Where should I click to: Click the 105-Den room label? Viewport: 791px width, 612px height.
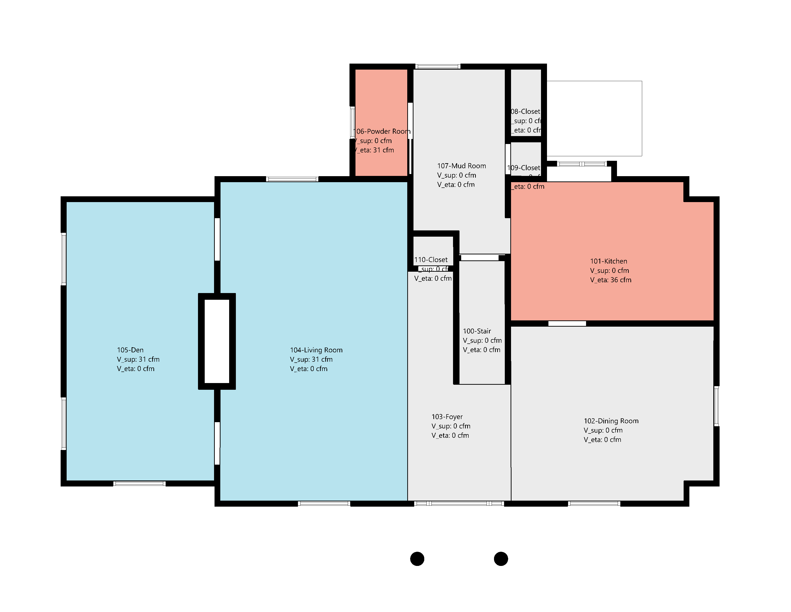(130, 350)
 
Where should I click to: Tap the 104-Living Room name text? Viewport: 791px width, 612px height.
(316, 350)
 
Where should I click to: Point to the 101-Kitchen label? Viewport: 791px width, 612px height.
(608, 261)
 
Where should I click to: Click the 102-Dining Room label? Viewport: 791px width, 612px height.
(611, 421)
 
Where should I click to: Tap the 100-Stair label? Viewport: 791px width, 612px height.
(477, 331)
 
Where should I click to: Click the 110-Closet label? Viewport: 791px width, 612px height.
(431, 260)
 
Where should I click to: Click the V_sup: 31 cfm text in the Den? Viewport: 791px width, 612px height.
(138, 359)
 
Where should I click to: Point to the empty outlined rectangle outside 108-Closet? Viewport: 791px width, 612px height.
(594, 119)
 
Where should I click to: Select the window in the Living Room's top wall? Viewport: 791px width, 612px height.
(292, 179)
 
